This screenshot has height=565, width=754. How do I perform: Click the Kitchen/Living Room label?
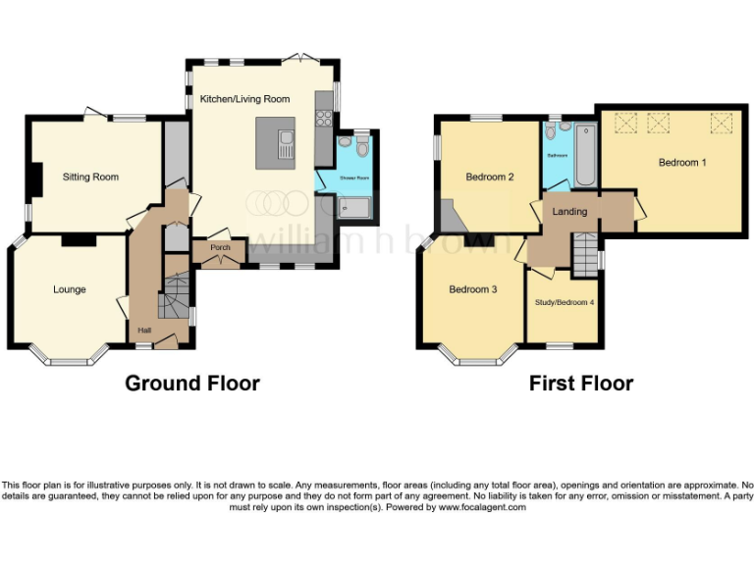(x=244, y=99)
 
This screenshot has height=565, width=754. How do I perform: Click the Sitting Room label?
(x=90, y=178)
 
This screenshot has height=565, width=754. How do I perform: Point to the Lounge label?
(x=69, y=289)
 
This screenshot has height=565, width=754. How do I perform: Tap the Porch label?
(x=220, y=247)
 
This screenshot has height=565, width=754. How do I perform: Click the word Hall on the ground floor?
(x=144, y=331)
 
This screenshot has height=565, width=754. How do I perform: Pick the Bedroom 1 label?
(x=681, y=163)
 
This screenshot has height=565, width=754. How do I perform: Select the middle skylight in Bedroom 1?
(x=656, y=123)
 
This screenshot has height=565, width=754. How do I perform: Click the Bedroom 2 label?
(x=490, y=178)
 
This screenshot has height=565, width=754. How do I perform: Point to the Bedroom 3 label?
(x=473, y=289)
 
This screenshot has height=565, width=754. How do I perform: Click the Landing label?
(x=569, y=212)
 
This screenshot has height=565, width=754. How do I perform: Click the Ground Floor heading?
(x=191, y=384)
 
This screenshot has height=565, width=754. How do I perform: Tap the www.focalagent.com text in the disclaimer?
(x=482, y=507)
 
